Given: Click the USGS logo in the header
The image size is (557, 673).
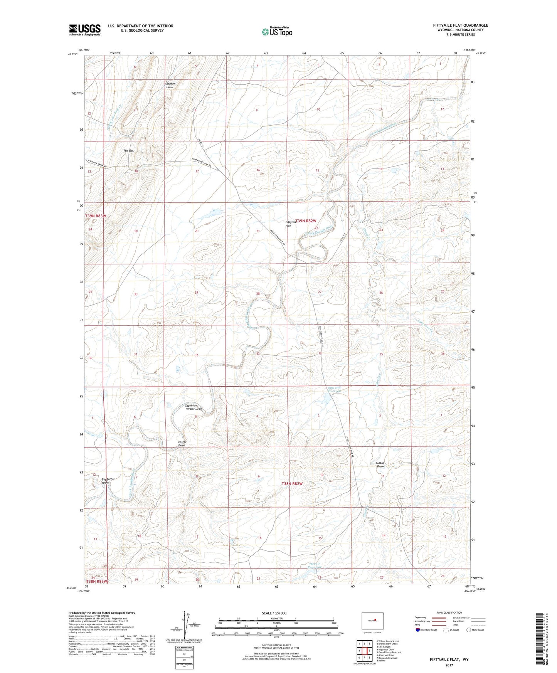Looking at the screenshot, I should coord(85,30).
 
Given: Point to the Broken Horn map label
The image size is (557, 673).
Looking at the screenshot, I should coord(171,86).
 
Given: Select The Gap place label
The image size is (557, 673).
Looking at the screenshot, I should coord(129,151).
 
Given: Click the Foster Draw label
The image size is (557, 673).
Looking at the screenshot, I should coord(182,444).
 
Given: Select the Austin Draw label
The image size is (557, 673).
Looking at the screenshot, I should coord(380,464).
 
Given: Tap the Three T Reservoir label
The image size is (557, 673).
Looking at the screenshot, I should coord(315,565).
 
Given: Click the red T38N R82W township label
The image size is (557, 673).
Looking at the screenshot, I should coord(292,483).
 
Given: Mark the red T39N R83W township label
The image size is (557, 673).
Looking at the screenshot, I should coord(95,216).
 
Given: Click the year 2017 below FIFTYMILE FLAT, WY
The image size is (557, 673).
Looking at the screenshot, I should coord(449,665).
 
